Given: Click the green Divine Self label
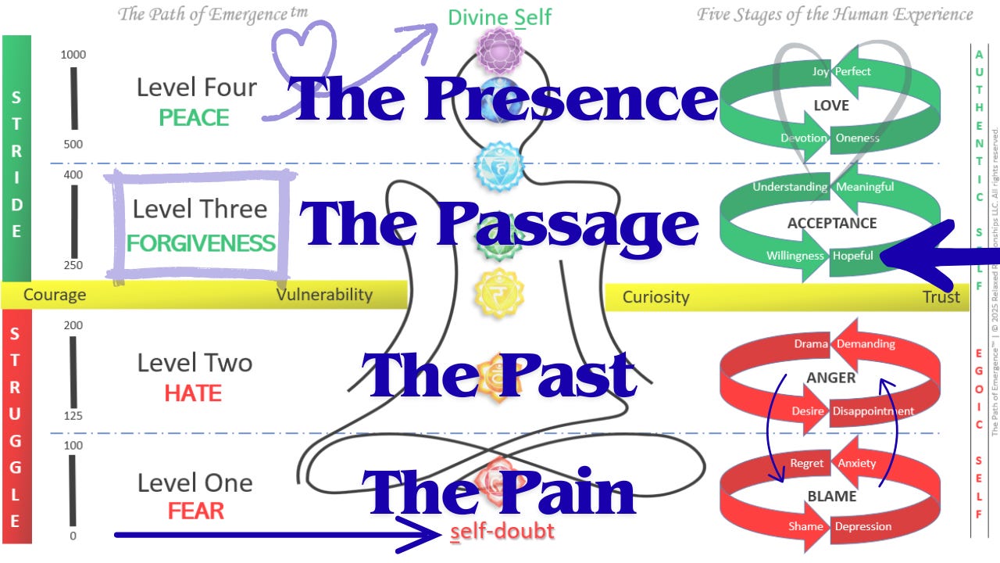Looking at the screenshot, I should click(x=499, y=16).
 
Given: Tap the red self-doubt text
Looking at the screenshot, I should click(x=502, y=532).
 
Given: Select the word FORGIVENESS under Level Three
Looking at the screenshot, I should click(x=201, y=243).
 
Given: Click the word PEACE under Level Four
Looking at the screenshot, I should click(x=194, y=118).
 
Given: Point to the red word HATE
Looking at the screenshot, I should click(x=192, y=393).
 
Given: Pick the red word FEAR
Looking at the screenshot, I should click(x=195, y=511).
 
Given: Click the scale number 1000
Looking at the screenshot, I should click(x=73, y=55).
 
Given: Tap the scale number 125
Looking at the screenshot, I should click(x=73, y=415).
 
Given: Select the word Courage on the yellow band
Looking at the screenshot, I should click(x=55, y=295).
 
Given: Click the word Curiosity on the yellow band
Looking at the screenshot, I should click(x=655, y=297).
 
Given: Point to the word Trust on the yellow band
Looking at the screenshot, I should click(x=941, y=297).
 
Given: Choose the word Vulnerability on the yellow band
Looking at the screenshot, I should click(x=324, y=295).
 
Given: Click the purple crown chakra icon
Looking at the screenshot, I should click(x=499, y=50).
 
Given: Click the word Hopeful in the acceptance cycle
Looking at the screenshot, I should click(x=852, y=256).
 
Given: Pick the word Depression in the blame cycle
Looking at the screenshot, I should click(x=862, y=526).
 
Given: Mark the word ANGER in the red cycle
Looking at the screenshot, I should click(x=830, y=378).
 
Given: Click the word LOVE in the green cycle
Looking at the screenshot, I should click(x=830, y=106).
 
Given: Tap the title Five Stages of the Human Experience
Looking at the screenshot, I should click(x=834, y=14).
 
